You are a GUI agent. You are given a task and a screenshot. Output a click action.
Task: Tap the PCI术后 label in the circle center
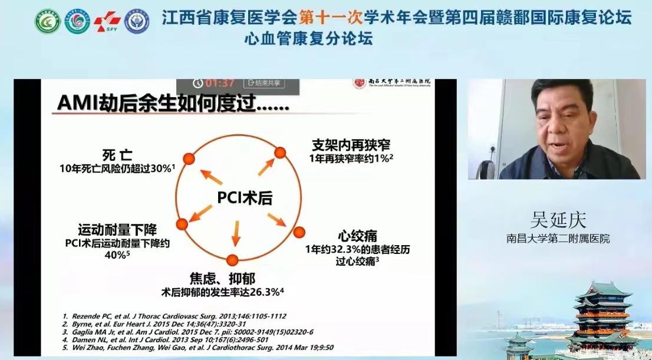[x=244, y=197]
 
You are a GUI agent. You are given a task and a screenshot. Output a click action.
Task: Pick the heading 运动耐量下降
[x=117, y=229]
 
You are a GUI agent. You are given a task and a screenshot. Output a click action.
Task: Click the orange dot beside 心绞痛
[x=299, y=231]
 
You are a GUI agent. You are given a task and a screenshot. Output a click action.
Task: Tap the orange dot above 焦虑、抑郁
[x=233, y=259]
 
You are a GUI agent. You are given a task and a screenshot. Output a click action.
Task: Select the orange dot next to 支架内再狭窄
[x=280, y=153]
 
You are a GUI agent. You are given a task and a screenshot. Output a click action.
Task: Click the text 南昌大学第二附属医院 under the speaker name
[x=558, y=239]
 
